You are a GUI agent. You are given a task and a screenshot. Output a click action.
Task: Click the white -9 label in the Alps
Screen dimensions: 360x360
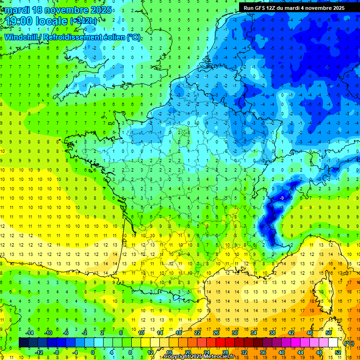281,199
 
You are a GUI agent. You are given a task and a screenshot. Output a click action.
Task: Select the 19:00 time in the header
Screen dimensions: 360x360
23,21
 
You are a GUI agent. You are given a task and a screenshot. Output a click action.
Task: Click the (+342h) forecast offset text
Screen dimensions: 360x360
83,21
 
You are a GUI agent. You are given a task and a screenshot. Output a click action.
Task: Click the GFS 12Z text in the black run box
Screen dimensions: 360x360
265,8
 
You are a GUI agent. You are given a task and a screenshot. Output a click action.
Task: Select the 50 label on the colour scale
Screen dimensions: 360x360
329,332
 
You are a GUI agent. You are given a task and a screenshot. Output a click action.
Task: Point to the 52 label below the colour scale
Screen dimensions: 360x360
338,352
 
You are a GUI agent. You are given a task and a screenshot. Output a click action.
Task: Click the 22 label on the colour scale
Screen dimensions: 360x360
197,332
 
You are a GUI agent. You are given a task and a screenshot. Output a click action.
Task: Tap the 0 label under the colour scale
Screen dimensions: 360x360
93,352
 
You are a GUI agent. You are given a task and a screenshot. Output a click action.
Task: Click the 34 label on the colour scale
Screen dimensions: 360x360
254,332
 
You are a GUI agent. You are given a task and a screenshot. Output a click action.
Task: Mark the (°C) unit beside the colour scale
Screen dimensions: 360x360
349,343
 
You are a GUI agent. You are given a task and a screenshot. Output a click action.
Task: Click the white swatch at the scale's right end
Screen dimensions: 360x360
333,342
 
